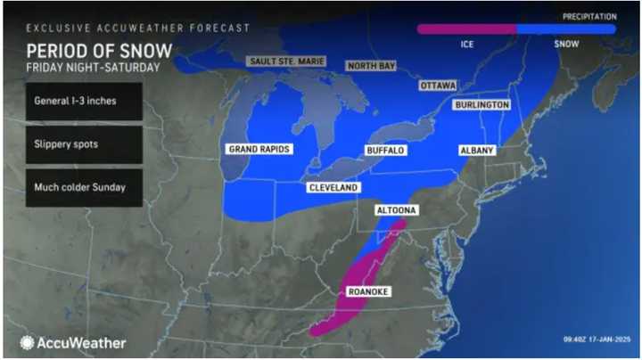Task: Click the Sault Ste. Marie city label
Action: coord(285,61)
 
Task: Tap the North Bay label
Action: coord(371,66)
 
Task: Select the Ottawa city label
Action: coord(437,86)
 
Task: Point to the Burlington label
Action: coord(481,105)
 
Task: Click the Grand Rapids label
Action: coord(259,149)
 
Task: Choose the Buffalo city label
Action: coord(385,151)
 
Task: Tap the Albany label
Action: coord(476,151)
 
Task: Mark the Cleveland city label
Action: coord(333,188)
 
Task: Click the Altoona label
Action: coord(396,211)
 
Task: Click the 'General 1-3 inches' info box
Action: coord(84,102)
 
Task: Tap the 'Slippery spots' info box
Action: coord(84,144)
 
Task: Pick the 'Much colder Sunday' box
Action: coord(84,187)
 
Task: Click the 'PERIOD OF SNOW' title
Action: coord(97,50)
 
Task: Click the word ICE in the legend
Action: coord(467,43)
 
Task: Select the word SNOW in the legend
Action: coord(565,43)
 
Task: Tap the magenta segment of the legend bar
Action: coord(466,29)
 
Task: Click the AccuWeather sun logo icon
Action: coord(28,342)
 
